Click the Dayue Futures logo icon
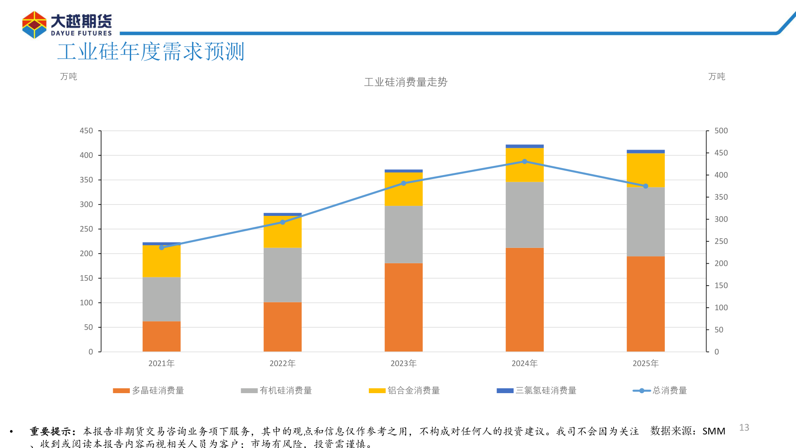point(34,25)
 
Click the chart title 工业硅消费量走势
point(405,82)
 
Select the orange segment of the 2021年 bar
point(161,336)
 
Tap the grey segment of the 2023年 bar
point(403,234)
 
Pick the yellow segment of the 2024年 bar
point(525,165)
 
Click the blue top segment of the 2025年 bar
point(646,151)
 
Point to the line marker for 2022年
point(282,222)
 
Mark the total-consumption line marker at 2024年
point(525,161)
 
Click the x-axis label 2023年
point(403,363)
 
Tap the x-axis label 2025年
point(646,363)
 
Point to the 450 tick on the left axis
point(86,131)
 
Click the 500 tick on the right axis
point(721,131)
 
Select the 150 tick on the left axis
point(86,278)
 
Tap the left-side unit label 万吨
point(68,76)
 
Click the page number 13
point(744,427)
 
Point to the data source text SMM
point(714,431)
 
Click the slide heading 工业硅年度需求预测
point(150,52)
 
